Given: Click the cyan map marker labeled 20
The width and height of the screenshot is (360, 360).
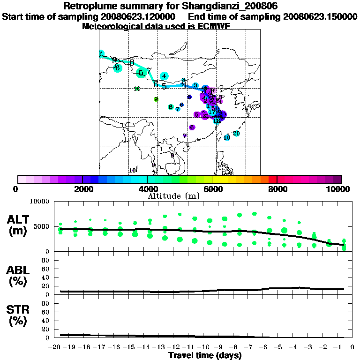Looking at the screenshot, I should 236,134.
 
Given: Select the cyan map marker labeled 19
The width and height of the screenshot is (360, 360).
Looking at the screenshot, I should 227,137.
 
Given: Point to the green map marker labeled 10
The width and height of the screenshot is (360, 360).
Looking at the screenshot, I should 137,89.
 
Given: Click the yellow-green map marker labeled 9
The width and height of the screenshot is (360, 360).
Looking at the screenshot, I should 156,99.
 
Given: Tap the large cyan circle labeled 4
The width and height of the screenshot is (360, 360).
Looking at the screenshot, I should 164,76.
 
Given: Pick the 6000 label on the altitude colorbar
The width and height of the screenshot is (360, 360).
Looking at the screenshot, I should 212,189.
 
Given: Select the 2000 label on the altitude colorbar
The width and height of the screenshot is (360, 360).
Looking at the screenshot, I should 82,189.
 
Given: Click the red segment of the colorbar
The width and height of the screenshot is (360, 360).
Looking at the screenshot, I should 272,179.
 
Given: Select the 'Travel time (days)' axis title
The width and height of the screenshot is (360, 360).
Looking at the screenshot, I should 205,356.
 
